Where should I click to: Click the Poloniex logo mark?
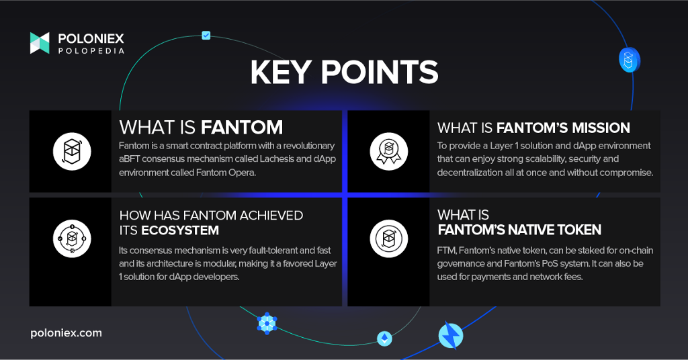point(40,43)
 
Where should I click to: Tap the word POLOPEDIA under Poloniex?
point(91,51)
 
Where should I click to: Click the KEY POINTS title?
point(345,72)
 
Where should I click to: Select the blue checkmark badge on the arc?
point(206,36)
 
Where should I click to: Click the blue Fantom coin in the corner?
point(629,60)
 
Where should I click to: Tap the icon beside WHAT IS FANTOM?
point(72,151)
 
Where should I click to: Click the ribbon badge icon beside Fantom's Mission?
point(389,151)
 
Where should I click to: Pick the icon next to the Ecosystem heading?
point(72,238)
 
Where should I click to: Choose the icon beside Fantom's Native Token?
point(389,238)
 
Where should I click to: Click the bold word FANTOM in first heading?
point(242,128)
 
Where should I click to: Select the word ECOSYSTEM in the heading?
point(180,230)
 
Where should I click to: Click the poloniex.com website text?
point(67,333)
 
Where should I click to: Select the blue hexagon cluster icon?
point(267,324)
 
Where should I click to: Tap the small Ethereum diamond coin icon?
point(385,339)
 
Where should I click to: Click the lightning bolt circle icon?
point(451,335)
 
